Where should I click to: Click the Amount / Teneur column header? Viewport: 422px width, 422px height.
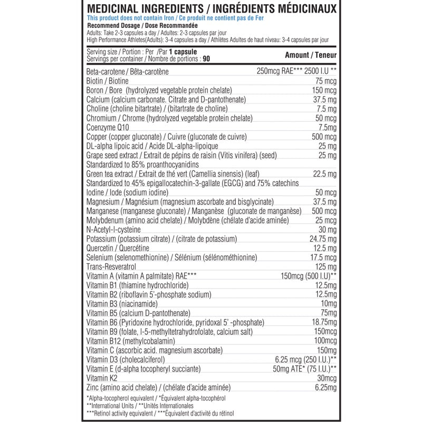[x=310, y=55]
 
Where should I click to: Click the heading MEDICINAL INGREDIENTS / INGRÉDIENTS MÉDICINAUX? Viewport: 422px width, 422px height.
[x=211, y=9]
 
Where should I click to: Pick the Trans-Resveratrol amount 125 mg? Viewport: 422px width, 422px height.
[x=324, y=266]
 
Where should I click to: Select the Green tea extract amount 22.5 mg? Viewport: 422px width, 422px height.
[x=323, y=174]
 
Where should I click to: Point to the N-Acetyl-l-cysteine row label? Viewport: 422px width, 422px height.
[x=113, y=229]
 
